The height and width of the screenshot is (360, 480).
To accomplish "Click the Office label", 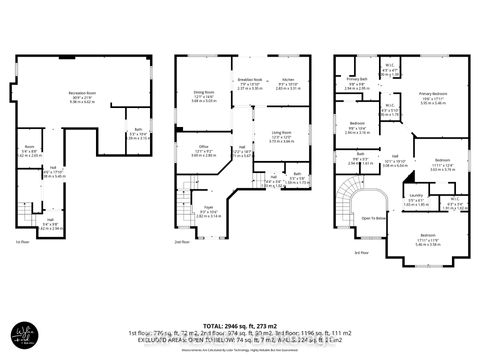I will coord(203,148).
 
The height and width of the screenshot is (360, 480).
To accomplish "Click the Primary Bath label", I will coord(357,79).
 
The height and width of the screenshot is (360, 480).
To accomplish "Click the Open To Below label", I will coord(375,217).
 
